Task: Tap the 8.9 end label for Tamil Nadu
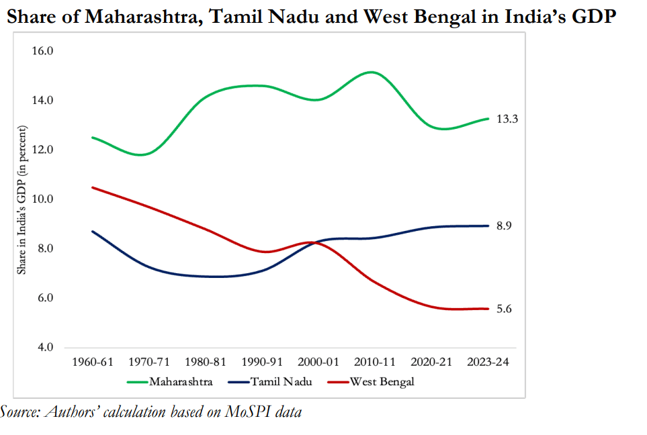(504, 226)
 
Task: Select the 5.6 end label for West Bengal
(504, 309)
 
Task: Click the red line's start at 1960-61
(93, 187)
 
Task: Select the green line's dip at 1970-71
(142, 154)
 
